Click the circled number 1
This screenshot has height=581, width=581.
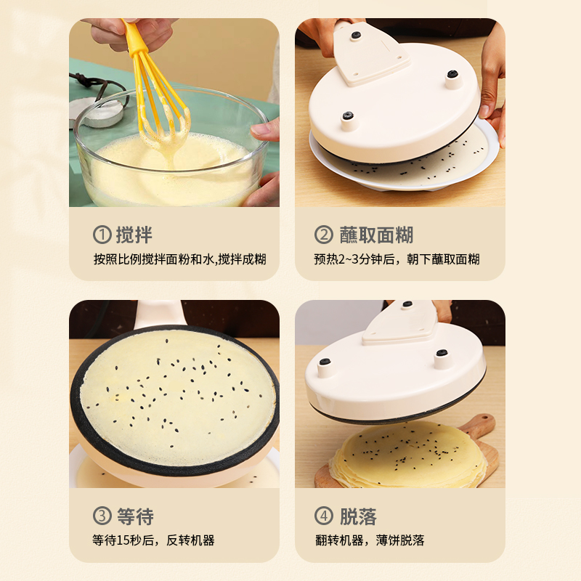(102, 235)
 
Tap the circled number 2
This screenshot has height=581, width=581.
(323, 235)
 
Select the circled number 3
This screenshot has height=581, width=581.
(102, 516)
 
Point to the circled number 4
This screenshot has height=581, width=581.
(323, 516)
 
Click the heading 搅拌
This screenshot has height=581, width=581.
(134, 235)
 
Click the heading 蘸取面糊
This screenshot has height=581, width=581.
(376, 235)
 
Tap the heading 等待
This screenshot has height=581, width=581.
(135, 516)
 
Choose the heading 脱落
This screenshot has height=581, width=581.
(358, 516)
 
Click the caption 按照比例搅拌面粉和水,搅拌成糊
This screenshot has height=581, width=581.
(179, 259)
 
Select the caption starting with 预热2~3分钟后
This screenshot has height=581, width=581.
(397, 259)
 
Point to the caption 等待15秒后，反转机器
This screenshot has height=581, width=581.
(153, 540)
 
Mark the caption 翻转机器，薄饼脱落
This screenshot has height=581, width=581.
(370, 540)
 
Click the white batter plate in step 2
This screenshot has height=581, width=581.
(404, 163)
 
